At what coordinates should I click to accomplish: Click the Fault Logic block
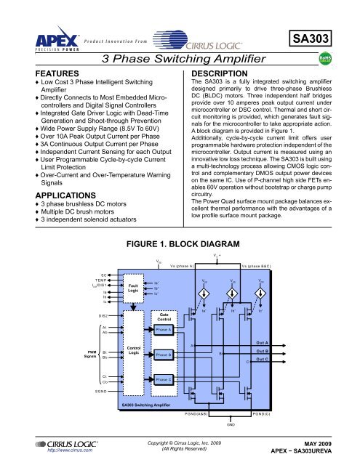132,289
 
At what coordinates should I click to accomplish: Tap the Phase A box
164,329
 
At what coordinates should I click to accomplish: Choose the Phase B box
164,354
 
